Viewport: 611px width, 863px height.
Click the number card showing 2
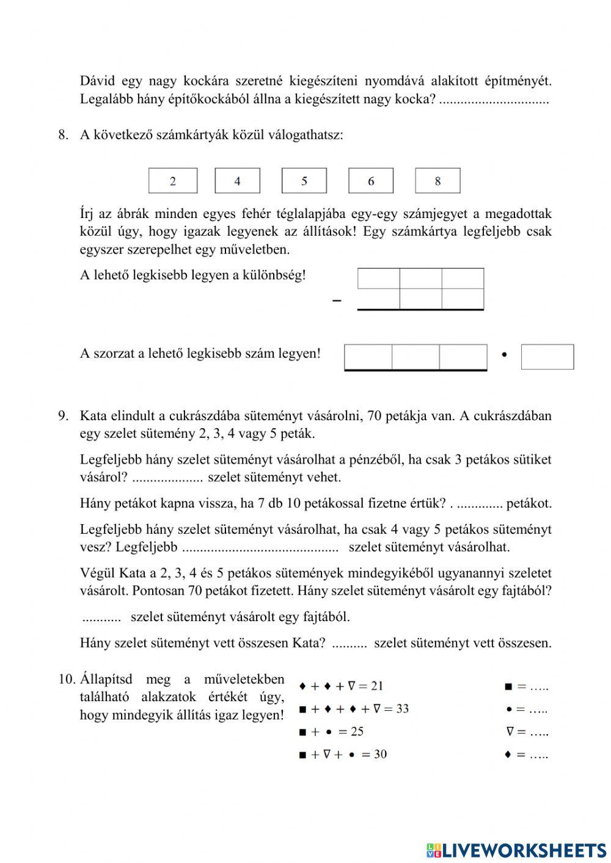point(173,181)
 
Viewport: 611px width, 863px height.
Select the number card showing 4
point(237,181)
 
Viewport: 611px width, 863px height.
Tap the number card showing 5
point(304,181)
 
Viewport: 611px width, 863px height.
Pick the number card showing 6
point(371,181)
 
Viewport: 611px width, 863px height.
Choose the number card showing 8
point(437,181)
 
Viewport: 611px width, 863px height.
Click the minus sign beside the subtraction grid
point(337,300)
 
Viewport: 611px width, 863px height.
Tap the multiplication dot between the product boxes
point(504,354)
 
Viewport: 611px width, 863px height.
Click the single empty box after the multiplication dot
point(547,357)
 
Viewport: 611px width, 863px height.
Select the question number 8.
point(64,135)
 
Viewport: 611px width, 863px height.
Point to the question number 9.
point(64,416)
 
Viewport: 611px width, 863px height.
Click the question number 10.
point(67,679)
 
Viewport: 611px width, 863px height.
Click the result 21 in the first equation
point(376,686)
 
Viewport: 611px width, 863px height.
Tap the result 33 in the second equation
point(402,708)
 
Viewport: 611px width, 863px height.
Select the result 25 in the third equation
point(357,731)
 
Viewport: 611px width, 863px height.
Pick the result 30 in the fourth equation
point(380,754)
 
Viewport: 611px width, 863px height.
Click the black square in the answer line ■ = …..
point(508,686)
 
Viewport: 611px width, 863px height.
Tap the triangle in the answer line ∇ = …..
point(508,732)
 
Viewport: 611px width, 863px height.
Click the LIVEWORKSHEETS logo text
point(523,850)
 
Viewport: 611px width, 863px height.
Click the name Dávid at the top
point(98,81)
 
